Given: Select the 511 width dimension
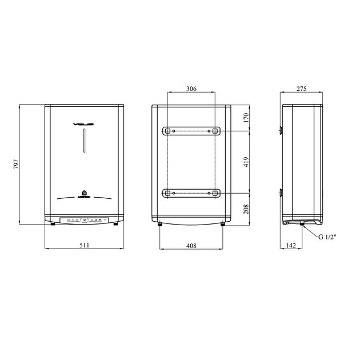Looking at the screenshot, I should point(84,245).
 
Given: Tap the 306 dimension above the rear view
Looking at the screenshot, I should point(191,89).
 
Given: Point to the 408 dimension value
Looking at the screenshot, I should point(191,245).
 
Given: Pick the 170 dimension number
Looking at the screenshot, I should point(246,118).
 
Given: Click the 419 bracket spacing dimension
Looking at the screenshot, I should point(246,162).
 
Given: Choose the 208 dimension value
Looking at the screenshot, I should point(246,209).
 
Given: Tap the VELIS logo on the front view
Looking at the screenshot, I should point(84,123).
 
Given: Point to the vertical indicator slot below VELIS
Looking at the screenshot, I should point(84,141).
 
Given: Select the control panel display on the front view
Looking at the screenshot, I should point(84,219).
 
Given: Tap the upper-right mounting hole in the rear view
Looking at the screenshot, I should point(215,131).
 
